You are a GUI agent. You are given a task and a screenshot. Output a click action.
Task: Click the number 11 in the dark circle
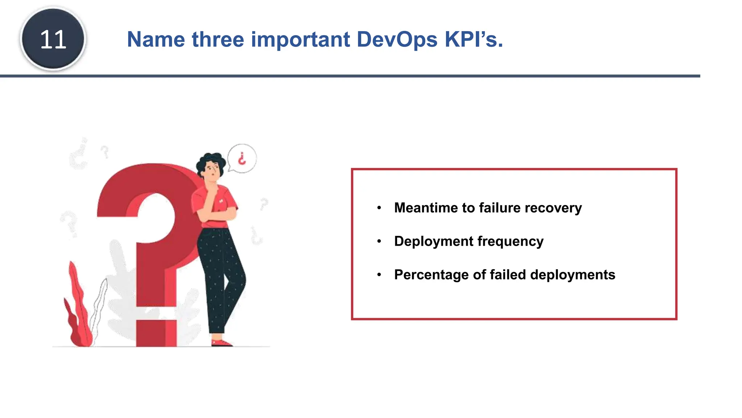[x=53, y=39]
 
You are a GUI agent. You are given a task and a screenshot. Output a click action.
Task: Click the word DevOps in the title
[x=397, y=39]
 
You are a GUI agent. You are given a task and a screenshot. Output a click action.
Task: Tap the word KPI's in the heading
[x=474, y=39]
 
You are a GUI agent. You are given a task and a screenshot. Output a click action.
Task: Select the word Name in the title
[x=156, y=39]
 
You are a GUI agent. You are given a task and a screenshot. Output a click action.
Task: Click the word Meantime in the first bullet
[x=426, y=208]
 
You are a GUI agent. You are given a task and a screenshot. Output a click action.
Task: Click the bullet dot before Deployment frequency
[x=379, y=241]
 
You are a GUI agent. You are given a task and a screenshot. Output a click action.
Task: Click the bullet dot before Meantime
[x=379, y=208]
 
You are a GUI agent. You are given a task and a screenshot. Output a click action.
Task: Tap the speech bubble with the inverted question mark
[x=242, y=159]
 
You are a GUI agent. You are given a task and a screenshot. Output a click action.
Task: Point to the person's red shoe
[x=221, y=343]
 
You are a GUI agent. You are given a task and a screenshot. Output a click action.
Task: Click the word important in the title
[x=300, y=39]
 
